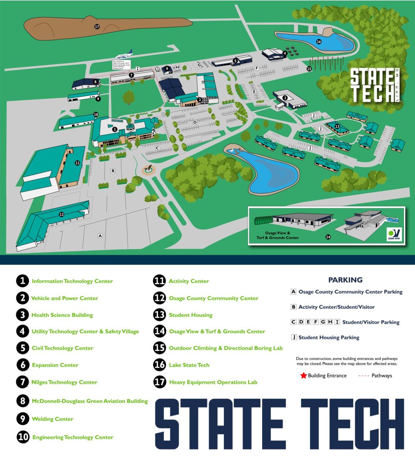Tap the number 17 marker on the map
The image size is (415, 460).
tap(97, 26)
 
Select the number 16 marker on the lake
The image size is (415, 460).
tap(318, 41)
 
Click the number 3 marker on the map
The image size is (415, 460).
tap(285, 98)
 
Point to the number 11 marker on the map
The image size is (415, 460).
tap(77, 163)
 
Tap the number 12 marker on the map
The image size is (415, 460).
tap(61, 214)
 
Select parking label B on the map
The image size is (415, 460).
tap(113, 171)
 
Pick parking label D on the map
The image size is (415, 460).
tap(195, 122)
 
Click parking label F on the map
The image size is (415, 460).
tap(257, 68)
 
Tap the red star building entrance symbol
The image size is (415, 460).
tap(303, 376)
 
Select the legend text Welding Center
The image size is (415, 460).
tap(52, 419)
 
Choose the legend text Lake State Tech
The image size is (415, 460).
tap(189, 365)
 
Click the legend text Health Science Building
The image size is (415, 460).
tap(62, 315)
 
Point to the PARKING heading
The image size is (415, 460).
tap(345, 280)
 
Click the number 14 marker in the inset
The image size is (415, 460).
tap(328, 237)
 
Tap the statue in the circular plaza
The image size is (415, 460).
tap(149, 169)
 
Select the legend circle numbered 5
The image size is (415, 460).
tap(23, 348)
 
